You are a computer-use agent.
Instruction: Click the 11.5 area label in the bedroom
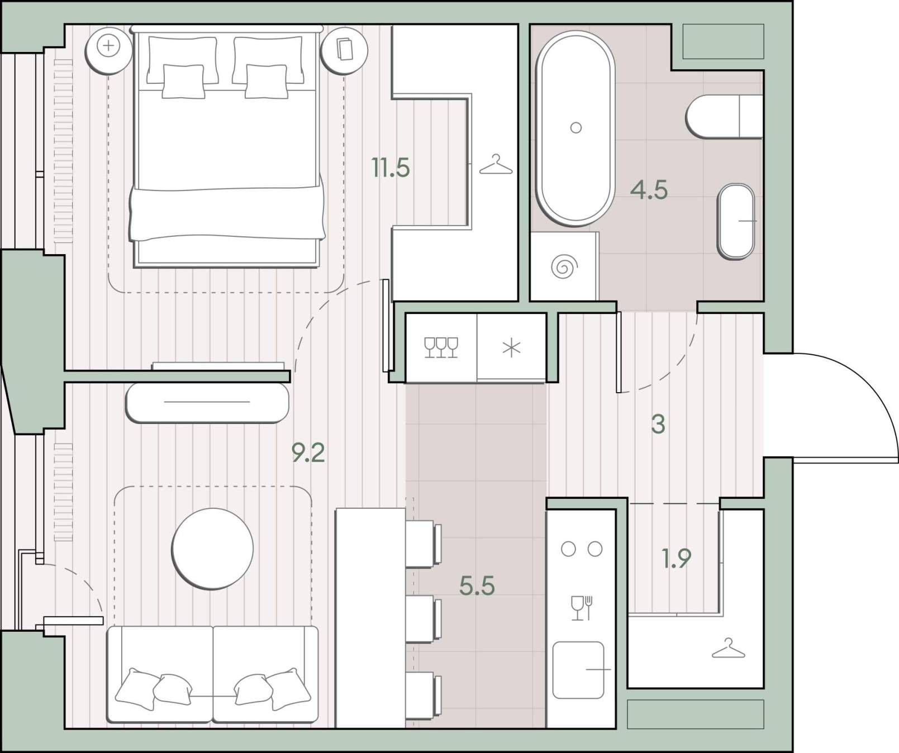pos(391,168)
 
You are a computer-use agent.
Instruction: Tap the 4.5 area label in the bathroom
pos(649,190)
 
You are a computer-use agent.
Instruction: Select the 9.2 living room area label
pos(308,452)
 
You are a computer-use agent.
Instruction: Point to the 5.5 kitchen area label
pos(477,586)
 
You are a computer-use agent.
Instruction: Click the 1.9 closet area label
pos(676,558)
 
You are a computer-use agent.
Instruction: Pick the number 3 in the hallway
pos(658,425)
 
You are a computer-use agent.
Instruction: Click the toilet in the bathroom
pos(724,116)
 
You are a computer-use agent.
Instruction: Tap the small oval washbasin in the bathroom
pos(736,221)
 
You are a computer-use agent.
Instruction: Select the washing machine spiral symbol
pos(564,266)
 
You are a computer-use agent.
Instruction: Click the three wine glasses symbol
pos(441,347)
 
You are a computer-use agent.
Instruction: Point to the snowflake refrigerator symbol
pos(511,348)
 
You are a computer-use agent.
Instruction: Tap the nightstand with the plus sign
pos(108,50)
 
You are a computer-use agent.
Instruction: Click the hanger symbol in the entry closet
pos(728,648)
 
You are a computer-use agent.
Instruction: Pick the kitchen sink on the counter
pos(578,670)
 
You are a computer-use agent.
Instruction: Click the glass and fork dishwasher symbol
pos(581,608)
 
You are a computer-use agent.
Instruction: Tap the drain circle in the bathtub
pos(575,128)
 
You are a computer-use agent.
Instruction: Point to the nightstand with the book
pos(344,50)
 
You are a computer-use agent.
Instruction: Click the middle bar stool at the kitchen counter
pos(424,619)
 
